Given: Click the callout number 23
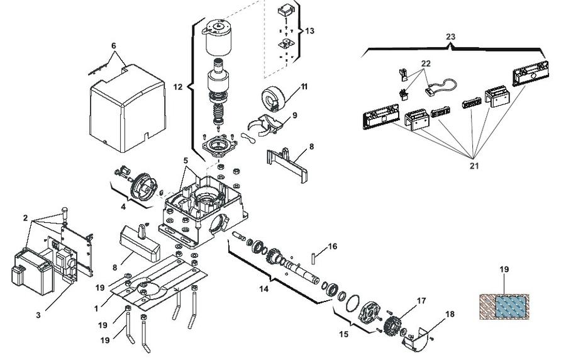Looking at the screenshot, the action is tap(450, 37).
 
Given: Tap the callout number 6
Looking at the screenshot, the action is tap(114, 46).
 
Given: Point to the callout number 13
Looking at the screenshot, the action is tap(309, 31).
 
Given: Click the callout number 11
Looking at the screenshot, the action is tap(304, 87).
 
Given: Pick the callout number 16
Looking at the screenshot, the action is tap(333, 246).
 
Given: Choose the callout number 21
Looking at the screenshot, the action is tap(474, 166).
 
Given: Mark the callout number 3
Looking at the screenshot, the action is tap(38, 315).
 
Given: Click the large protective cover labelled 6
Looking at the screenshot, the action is tap(128, 108).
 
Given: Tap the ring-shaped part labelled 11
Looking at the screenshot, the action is tap(274, 98).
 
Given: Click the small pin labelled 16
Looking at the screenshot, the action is tap(313, 259).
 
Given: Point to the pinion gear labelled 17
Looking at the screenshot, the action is tap(392, 323).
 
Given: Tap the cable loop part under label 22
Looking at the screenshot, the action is tap(441, 86).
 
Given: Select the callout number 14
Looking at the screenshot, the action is tap(264, 289).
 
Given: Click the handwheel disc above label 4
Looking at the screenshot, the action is tap(143, 186).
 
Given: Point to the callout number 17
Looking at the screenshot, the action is tap(421, 300).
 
